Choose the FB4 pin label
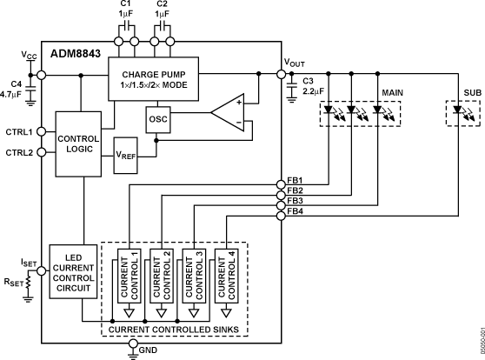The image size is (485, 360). tap(296, 213)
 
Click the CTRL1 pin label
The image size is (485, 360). tap(18, 132)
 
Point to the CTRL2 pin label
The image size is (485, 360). tap(18, 153)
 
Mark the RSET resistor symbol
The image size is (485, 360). tap(28, 283)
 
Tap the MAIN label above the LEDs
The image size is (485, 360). tap(392, 90)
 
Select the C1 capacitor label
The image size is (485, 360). tap(124, 5)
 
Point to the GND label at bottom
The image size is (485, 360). tap(148, 350)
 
